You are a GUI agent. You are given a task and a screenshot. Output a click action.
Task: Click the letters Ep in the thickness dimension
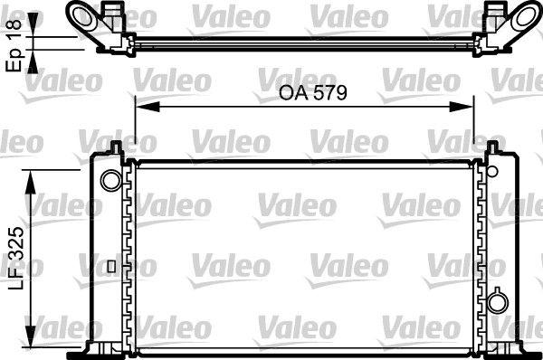[x=14, y=59]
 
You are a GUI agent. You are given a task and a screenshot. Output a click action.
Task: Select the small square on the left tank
[x=110, y=266]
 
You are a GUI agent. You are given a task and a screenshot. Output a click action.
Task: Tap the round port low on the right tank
[x=497, y=301]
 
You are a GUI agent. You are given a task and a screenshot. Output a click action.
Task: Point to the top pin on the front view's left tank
[x=116, y=147]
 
